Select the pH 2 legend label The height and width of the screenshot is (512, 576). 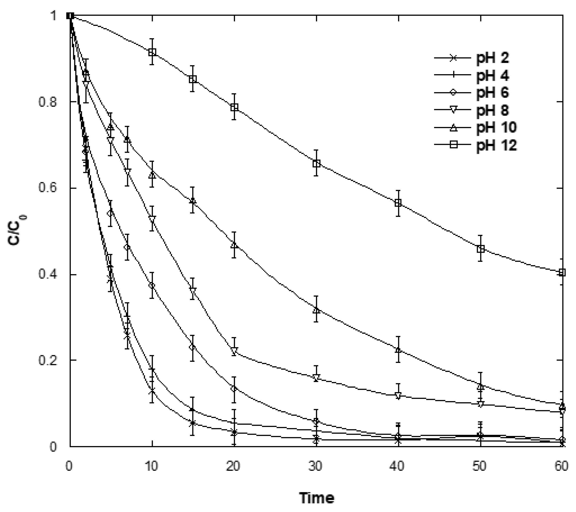(492, 58)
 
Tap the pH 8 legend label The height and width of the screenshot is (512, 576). (492, 110)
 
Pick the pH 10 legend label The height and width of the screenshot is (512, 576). (496, 127)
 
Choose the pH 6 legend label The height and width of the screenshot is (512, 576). (492, 93)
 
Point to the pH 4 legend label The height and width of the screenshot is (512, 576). (492, 75)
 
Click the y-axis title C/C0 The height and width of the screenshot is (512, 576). (18, 230)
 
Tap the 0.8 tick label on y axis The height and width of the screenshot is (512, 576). (48, 102)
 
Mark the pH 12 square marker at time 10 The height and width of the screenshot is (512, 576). (152, 52)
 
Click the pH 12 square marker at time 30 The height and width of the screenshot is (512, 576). (316, 163)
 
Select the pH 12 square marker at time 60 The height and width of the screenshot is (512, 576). (562, 272)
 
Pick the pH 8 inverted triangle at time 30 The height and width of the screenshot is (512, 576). (316, 377)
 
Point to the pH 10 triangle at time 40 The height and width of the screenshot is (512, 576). (398, 350)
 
